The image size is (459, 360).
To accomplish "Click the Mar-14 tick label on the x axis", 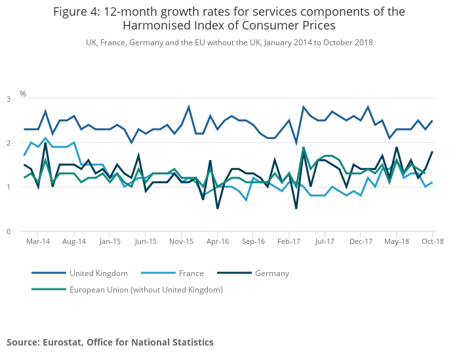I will [38, 241].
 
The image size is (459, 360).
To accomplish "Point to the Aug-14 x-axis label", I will [74, 241].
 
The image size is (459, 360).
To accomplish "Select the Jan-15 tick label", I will [110, 241].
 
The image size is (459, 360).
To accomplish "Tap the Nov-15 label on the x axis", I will [181, 241].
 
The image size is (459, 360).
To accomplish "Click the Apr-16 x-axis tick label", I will [217, 241].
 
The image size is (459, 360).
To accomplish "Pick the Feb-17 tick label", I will [289, 241].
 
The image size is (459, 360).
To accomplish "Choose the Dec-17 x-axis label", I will [361, 241].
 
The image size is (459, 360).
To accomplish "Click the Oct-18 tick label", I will [433, 241].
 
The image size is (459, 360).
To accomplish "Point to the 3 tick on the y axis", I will [9, 99].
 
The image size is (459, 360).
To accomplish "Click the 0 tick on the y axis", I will [9, 231].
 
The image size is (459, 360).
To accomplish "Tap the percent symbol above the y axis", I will [23, 94].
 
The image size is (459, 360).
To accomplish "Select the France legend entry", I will [187, 273].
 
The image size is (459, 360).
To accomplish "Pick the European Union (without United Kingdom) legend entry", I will [146, 289].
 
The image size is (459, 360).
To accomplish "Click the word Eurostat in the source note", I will [63, 342].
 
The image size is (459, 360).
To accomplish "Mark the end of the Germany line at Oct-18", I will [432, 152].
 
